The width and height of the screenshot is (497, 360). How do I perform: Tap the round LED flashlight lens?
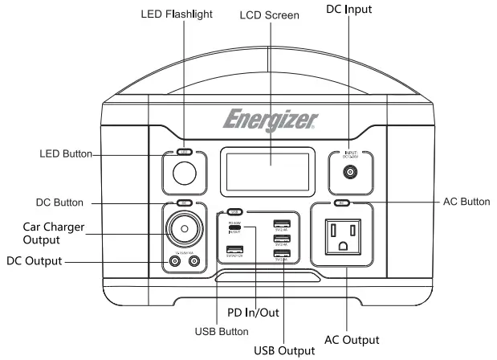185,174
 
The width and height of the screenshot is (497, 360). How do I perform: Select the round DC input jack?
352,171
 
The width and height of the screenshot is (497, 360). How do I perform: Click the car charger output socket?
185,229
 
